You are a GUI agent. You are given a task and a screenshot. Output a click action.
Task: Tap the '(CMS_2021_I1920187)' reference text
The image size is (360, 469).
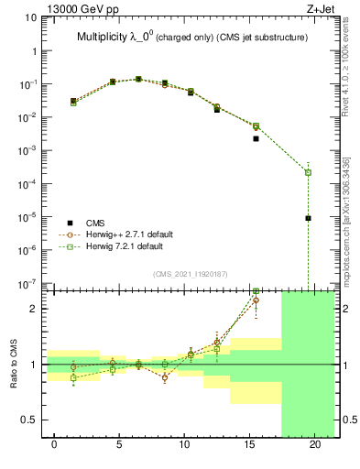coord(191,273)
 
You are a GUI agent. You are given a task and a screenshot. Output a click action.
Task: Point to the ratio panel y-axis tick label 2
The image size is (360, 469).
coord(30,309)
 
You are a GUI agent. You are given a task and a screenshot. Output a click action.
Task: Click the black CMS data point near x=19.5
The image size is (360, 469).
coord(309,218)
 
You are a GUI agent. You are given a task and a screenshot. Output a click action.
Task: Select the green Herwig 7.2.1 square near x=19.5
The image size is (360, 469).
coord(309,172)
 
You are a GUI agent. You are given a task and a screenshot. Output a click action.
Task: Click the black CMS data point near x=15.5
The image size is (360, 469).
coord(256,139)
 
